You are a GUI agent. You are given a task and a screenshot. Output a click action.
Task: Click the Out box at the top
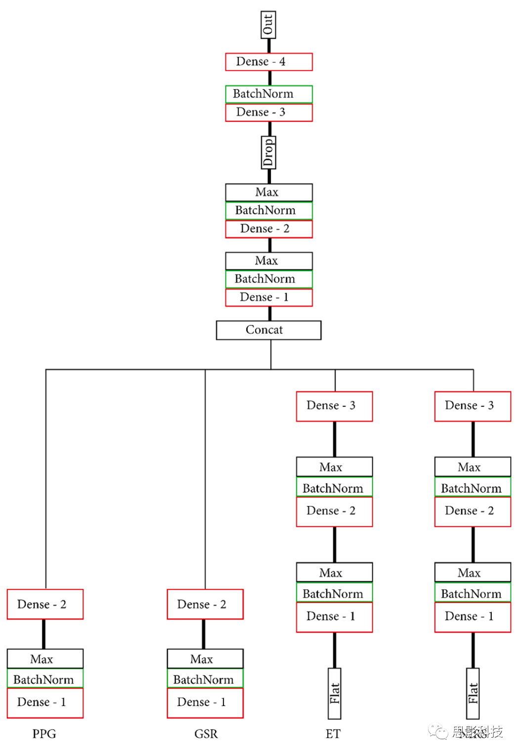(268, 25)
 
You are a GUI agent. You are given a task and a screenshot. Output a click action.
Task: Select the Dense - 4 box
(269, 62)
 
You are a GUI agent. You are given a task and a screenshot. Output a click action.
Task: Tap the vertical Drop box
(268, 152)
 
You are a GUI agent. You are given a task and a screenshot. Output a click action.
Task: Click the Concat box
(268, 330)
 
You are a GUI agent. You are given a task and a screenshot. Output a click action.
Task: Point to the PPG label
(44, 734)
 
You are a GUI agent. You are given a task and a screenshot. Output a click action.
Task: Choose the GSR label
(206, 734)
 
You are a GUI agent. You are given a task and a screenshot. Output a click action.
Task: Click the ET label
(333, 734)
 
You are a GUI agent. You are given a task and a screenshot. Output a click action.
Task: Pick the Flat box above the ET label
(335, 693)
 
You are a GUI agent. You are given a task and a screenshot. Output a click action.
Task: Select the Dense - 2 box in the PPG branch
(45, 604)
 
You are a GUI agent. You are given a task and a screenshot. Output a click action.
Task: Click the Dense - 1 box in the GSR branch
(205, 703)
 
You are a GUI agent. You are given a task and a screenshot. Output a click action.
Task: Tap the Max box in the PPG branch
(45, 659)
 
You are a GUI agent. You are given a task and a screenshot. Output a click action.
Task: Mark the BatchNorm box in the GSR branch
(205, 679)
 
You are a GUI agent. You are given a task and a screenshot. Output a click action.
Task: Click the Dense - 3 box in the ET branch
(334, 406)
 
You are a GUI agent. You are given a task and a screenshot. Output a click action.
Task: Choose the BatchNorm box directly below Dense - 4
(269, 94)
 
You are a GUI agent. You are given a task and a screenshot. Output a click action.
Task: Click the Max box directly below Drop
(269, 192)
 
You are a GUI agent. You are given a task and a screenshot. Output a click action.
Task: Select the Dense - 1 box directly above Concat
(269, 297)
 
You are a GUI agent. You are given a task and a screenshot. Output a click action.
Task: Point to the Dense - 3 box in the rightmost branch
(473, 406)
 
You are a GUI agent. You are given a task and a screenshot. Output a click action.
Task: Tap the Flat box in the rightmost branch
(473, 693)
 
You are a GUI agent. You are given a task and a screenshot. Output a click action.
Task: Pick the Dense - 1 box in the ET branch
(334, 616)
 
